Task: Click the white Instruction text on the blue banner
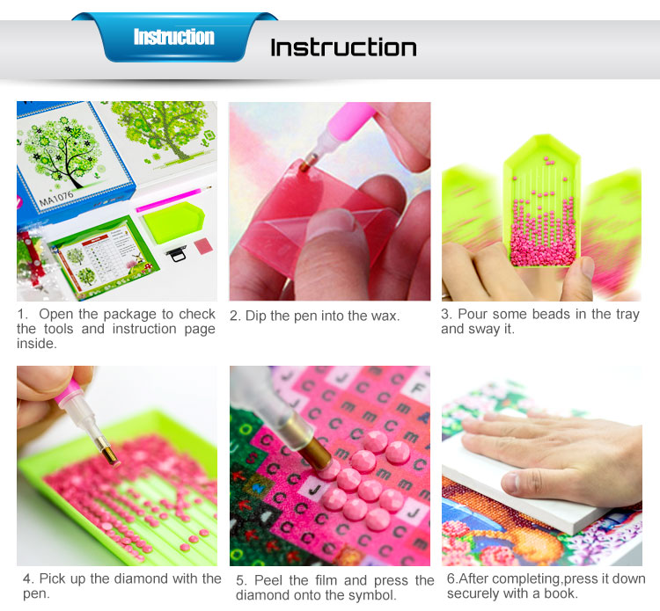174,37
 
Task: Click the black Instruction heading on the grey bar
343,47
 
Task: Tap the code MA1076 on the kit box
56,198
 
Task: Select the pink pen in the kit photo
173,198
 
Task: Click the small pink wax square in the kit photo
204,245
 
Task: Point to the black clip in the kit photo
176,253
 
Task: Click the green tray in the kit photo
173,223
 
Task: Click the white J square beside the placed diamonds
316,490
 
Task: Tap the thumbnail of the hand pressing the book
542,466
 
